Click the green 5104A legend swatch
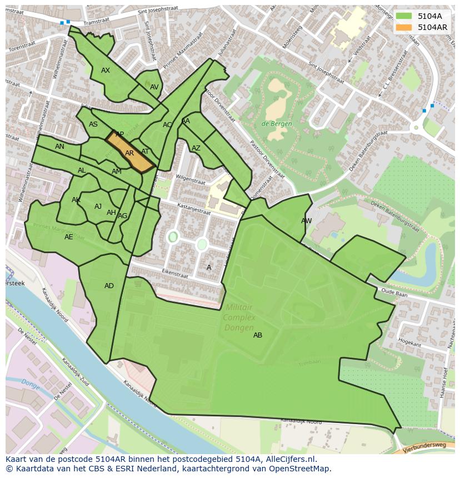pos(403,16)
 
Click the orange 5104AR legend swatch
pos(403,27)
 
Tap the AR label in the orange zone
pos(129,153)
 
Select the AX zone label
pos(106,71)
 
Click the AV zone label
pos(154,87)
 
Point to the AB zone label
pos(258,335)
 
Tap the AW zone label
pos(306,221)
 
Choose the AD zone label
pos(109,286)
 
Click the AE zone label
pos(68,237)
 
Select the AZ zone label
pos(196,148)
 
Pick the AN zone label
pos(59,147)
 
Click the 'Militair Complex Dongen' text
pos(239,318)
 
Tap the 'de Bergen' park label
pos(277,124)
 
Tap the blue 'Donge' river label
pos(30,383)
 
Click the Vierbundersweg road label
pos(430,445)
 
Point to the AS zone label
pos(93,124)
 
